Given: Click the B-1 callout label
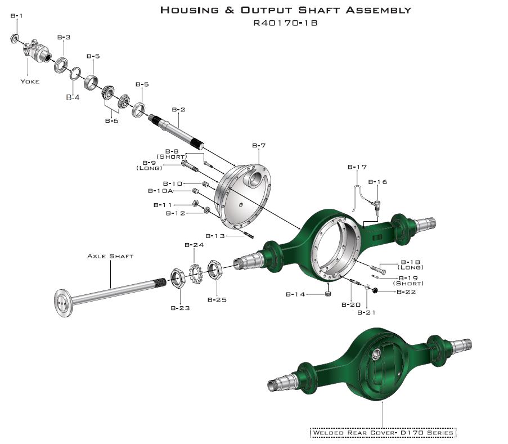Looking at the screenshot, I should coord(16,16).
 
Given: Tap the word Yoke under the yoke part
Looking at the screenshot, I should coord(30,81).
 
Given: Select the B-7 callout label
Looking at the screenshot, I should coord(259,145).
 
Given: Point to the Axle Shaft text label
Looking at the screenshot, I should coord(110,256).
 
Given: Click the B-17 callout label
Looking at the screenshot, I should coord(357,167).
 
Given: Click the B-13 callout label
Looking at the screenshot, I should coord(216,236).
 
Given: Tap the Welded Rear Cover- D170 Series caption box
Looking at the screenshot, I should coord(383,432).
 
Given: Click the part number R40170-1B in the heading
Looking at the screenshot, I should coord(286,24).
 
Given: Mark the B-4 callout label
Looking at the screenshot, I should coord(73,97).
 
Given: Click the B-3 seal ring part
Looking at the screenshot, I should coord(61,65).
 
